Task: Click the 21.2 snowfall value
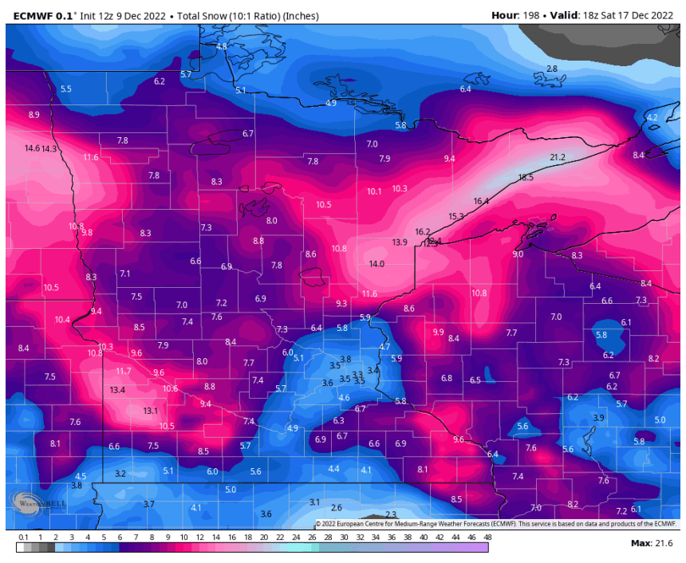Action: [x=557, y=157]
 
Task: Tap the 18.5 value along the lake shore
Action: [x=526, y=177]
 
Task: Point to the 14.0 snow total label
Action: [x=377, y=264]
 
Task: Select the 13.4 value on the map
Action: [x=118, y=390]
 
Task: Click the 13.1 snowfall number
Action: [x=151, y=411]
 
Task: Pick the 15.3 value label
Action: [x=456, y=216]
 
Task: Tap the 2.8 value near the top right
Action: [x=552, y=69]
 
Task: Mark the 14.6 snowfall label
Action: [x=32, y=148]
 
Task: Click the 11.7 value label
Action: [x=123, y=372]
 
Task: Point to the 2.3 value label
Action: [x=391, y=514]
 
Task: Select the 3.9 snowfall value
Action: [x=598, y=418]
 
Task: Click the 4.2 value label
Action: [x=652, y=118]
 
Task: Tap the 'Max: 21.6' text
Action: [x=652, y=543]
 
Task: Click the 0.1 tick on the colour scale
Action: [x=24, y=537]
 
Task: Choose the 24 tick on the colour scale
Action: [x=295, y=537]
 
